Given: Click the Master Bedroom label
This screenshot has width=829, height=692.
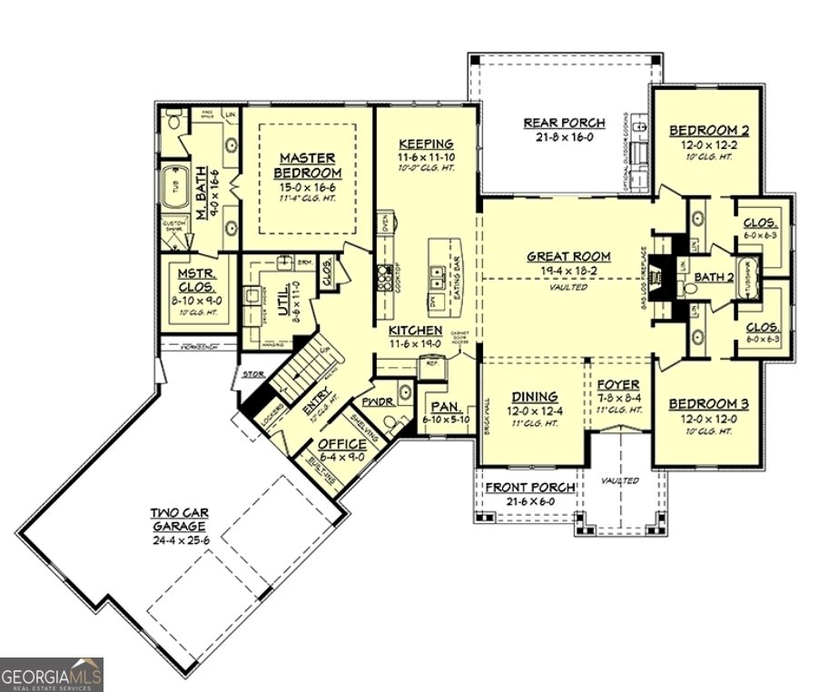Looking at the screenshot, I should point(310,165).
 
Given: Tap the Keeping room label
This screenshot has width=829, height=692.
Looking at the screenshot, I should point(425,144).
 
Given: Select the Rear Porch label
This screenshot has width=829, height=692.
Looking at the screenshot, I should point(558,124).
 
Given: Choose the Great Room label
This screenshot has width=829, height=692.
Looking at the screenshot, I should point(568,256).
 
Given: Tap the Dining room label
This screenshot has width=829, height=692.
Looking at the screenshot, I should point(534,397).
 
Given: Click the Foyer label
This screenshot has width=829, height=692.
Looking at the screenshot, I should point(618,384).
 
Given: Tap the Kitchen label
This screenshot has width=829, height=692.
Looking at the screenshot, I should point(415,330).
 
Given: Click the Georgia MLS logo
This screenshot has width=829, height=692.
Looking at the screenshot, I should point(52,674).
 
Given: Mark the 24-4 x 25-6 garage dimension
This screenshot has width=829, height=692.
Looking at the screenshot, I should point(178,539).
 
